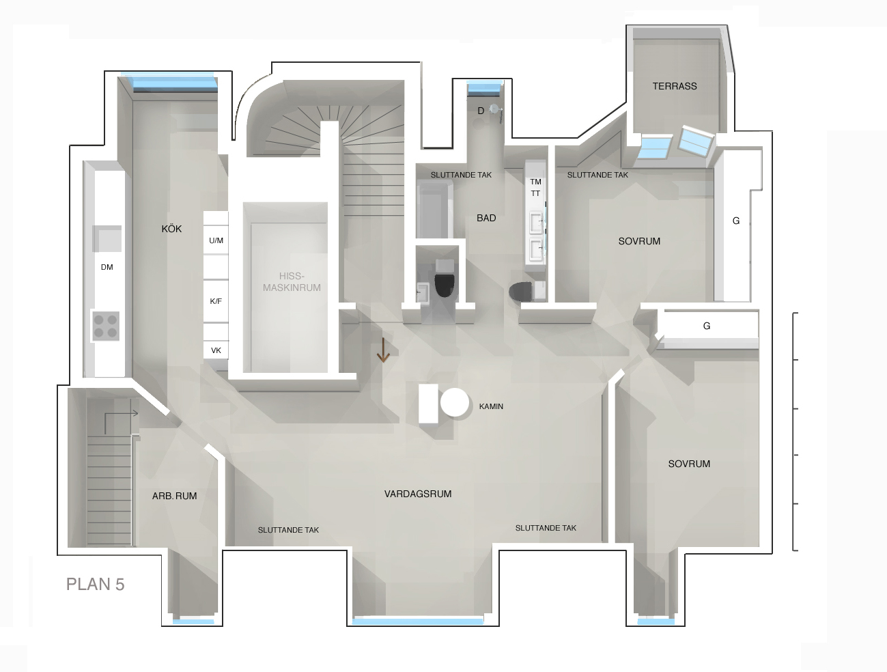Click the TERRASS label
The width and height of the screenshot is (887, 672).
[x=675, y=86]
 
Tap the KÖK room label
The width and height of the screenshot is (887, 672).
[x=171, y=229]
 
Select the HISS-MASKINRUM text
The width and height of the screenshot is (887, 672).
[x=292, y=281]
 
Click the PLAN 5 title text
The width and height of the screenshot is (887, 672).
[x=96, y=585]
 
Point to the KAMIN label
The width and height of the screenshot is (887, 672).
[x=491, y=406]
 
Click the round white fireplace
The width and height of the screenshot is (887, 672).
[x=455, y=402]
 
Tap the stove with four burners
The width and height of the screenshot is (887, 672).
[x=105, y=326]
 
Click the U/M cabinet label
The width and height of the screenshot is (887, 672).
[x=216, y=240]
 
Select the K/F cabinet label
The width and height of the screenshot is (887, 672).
[x=215, y=301]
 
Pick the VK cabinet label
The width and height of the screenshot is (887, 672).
[x=216, y=350]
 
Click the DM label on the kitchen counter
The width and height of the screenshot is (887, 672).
[x=107, y=267]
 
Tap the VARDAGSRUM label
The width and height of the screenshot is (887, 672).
[x=418, y=494]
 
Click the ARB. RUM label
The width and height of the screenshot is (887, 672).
[x=174, y=496]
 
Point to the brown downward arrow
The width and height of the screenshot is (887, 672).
[x=383, y=350]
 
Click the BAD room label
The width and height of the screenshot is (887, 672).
[x=486, y=219]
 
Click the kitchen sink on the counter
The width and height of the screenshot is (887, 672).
[x=107, y=238]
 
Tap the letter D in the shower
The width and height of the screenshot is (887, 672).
[x=481, y=111]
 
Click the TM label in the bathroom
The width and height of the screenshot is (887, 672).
[x=535, y=182]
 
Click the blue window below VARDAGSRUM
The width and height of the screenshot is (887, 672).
[x=418, y=621]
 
